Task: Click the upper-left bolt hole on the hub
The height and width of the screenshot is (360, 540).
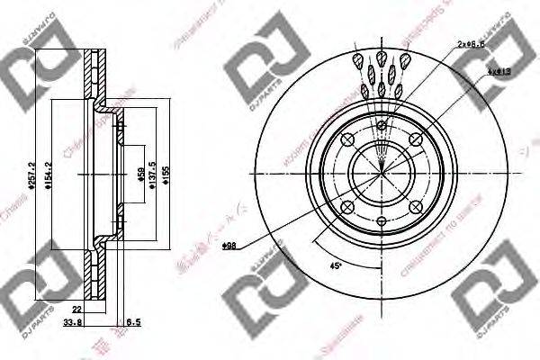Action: point(348,139)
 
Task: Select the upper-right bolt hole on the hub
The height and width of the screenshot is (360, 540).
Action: point(415,139)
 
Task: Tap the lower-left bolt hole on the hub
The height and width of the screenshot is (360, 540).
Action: point(348,206)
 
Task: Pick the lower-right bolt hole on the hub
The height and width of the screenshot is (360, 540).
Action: point(415,206)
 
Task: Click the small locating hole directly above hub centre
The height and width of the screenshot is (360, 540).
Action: point(382,125)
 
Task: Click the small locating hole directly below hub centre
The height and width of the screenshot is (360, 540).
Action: point(382,220)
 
